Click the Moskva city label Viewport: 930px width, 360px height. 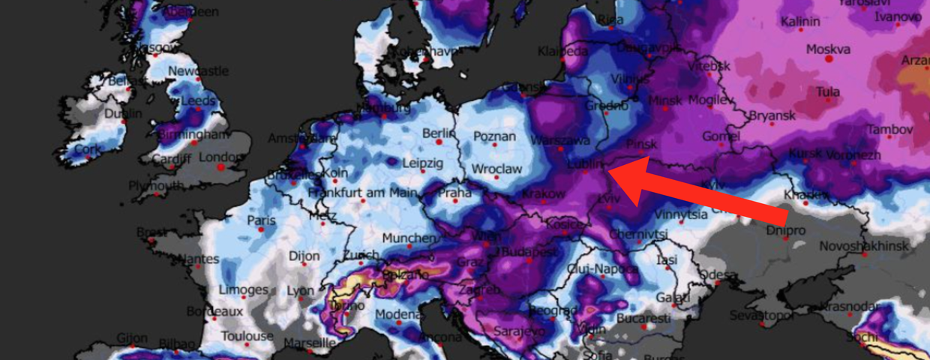click(828, 49)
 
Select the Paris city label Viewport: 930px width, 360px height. click(262, 221)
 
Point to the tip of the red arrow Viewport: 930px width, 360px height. click(610, 171)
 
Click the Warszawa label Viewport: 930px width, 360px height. click(559, 141)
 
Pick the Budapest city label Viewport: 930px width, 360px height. click(529, 253)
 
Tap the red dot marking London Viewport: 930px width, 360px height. click(221, 167)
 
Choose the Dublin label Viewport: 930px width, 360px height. click(123, 114)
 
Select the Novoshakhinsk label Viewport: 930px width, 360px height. click(863, 246)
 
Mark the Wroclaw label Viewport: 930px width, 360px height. click(496, 169)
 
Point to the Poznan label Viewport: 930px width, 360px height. click(494, 136)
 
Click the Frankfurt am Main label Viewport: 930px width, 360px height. click(361, 193)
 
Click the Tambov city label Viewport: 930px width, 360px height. click(890, 130)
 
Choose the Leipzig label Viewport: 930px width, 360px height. click(422, 163)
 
